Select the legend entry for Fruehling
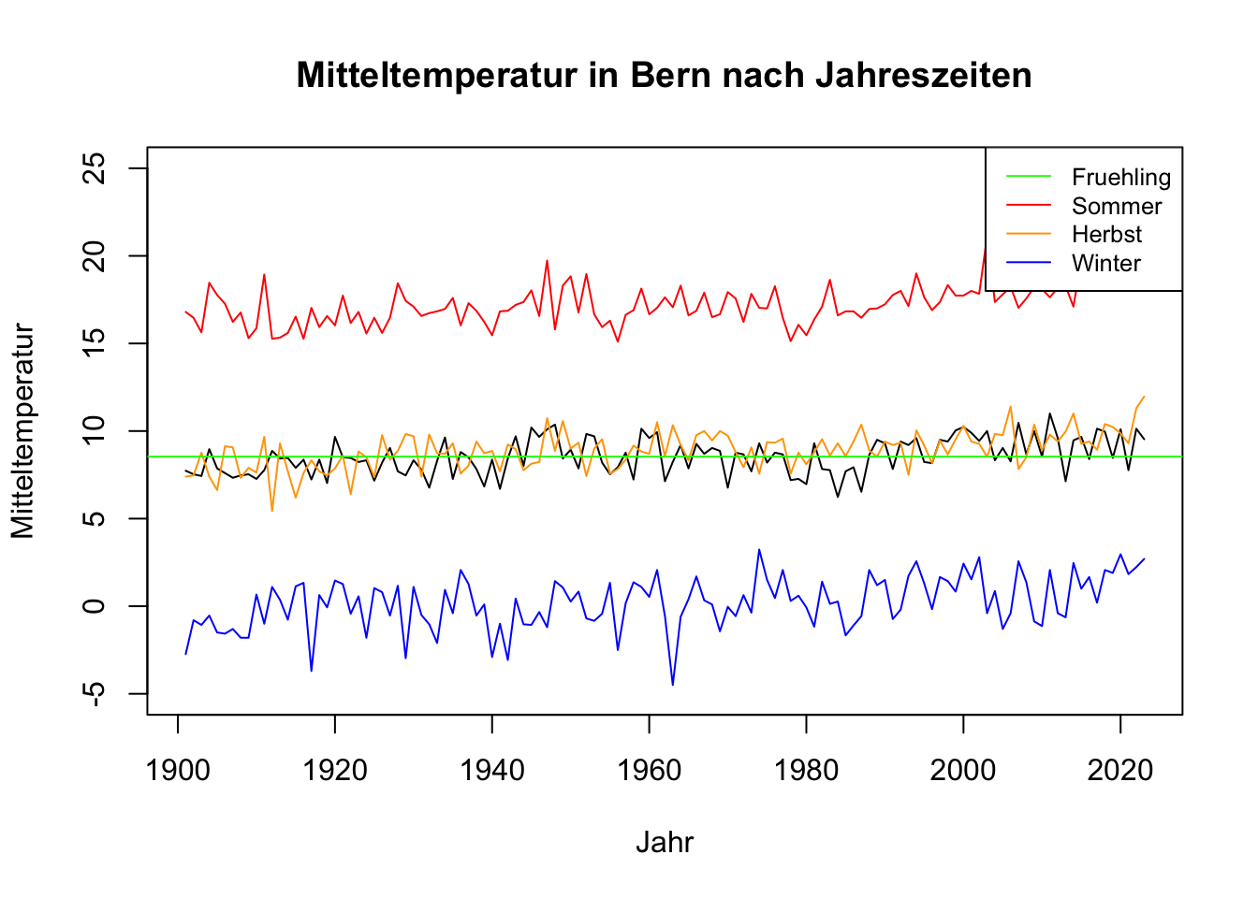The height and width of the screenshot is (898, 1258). click(1120, 178)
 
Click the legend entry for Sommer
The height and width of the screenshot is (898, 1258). click(1116, 206)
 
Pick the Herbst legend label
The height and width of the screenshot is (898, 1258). click(1106, 235)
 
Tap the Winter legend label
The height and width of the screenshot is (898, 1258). click(1105, 263)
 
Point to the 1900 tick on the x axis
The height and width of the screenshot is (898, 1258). click(178, 771)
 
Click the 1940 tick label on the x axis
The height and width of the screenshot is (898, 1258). click(492, 771)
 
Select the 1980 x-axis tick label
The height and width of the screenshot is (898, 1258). click(806, 771)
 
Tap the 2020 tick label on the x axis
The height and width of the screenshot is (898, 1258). click(1120, 771)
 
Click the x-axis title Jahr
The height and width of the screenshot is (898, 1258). click(665, 842)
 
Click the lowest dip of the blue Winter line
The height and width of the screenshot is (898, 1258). click(672, 685)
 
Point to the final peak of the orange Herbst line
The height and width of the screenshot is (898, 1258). click(1144, 396)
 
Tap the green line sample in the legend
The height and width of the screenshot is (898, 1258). click(1029, 178)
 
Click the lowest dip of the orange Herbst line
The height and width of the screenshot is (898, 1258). click(272, 510)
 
